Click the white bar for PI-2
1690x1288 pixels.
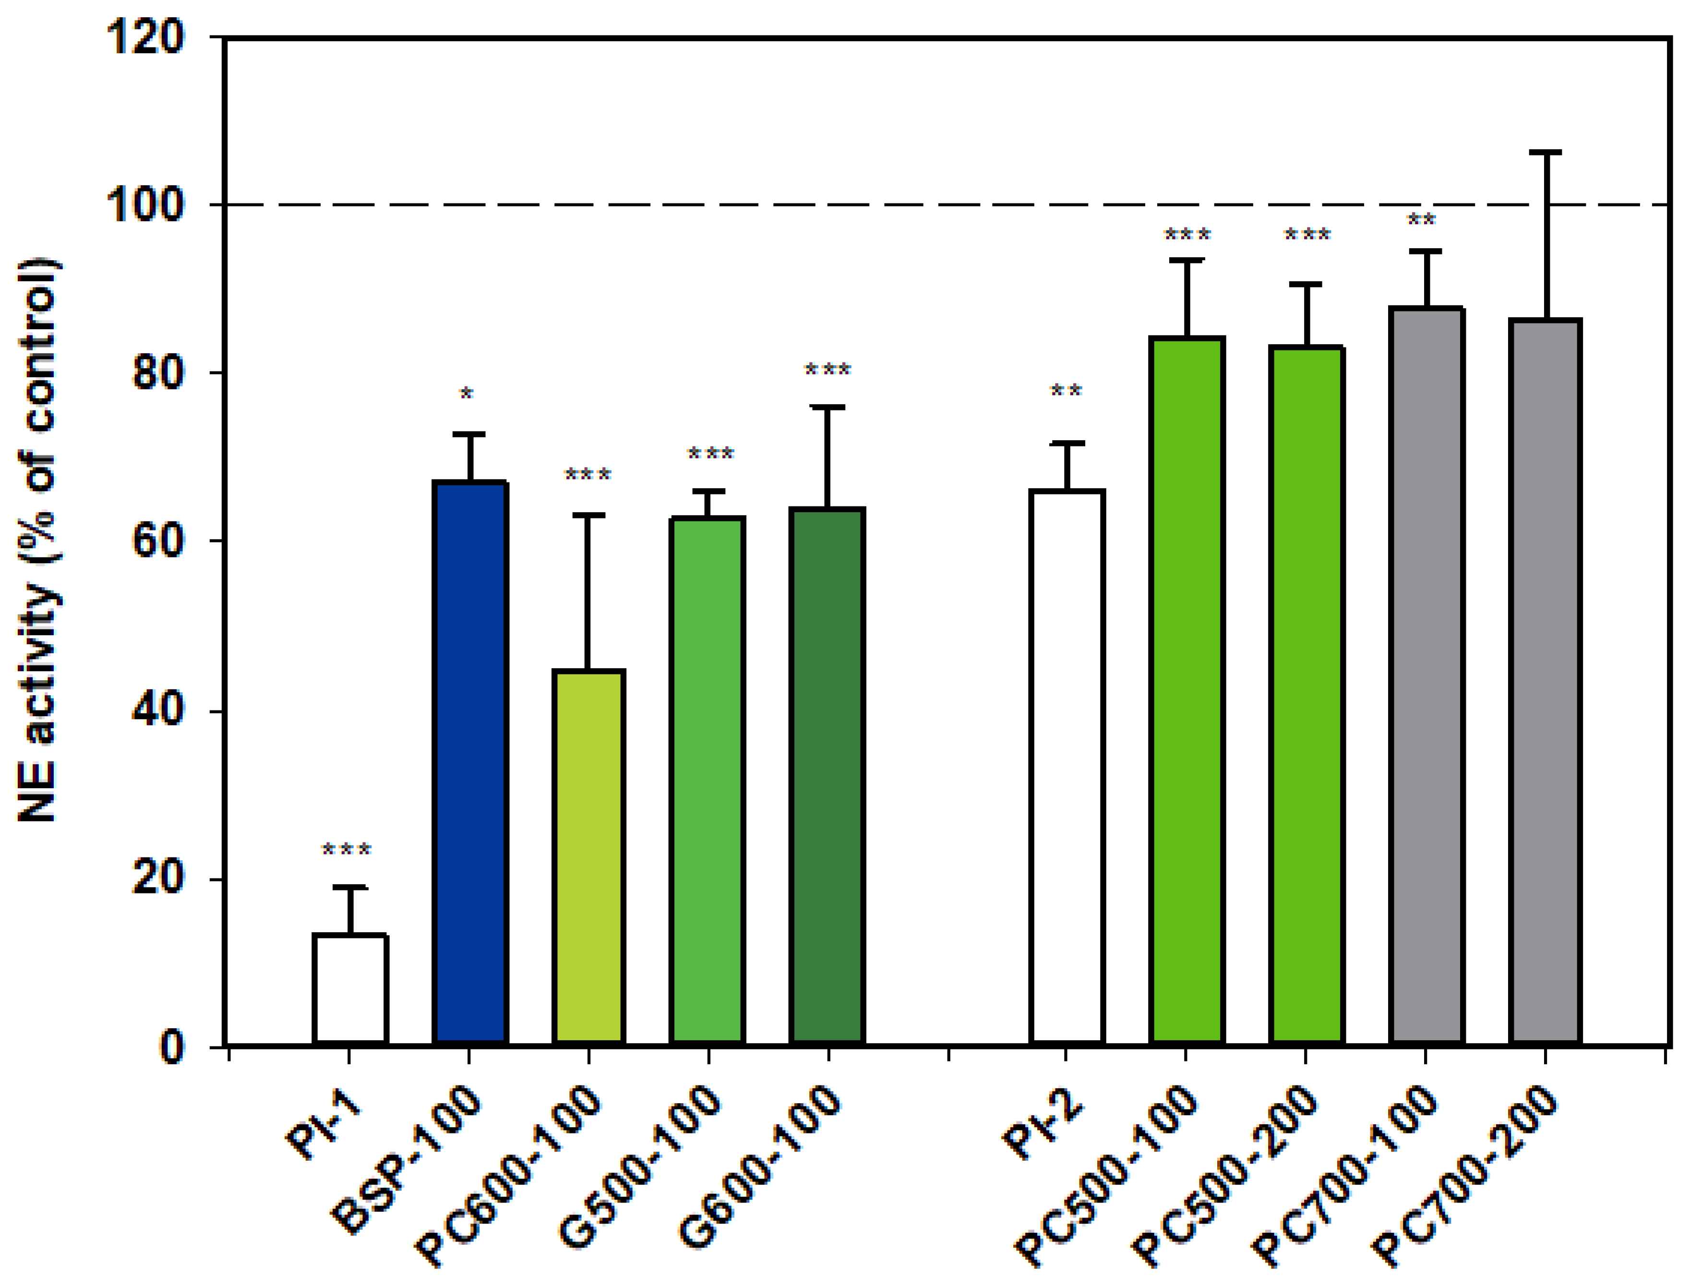pyautogui.click(x=1067, y=767)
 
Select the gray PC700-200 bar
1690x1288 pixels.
pyautogui.click(x=1545, y=682)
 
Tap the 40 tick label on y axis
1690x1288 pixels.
pyautogui.click(x=157, y=710)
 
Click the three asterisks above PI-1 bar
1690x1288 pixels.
pyautogui.click(x=347, y=850)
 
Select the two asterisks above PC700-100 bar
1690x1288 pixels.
pyautogui.click(x=1422, y=220)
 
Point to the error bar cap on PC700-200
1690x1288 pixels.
pyautogui.click(x=1545, y=153)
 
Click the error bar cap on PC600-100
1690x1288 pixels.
pyautogui.click(x=588, y=515)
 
